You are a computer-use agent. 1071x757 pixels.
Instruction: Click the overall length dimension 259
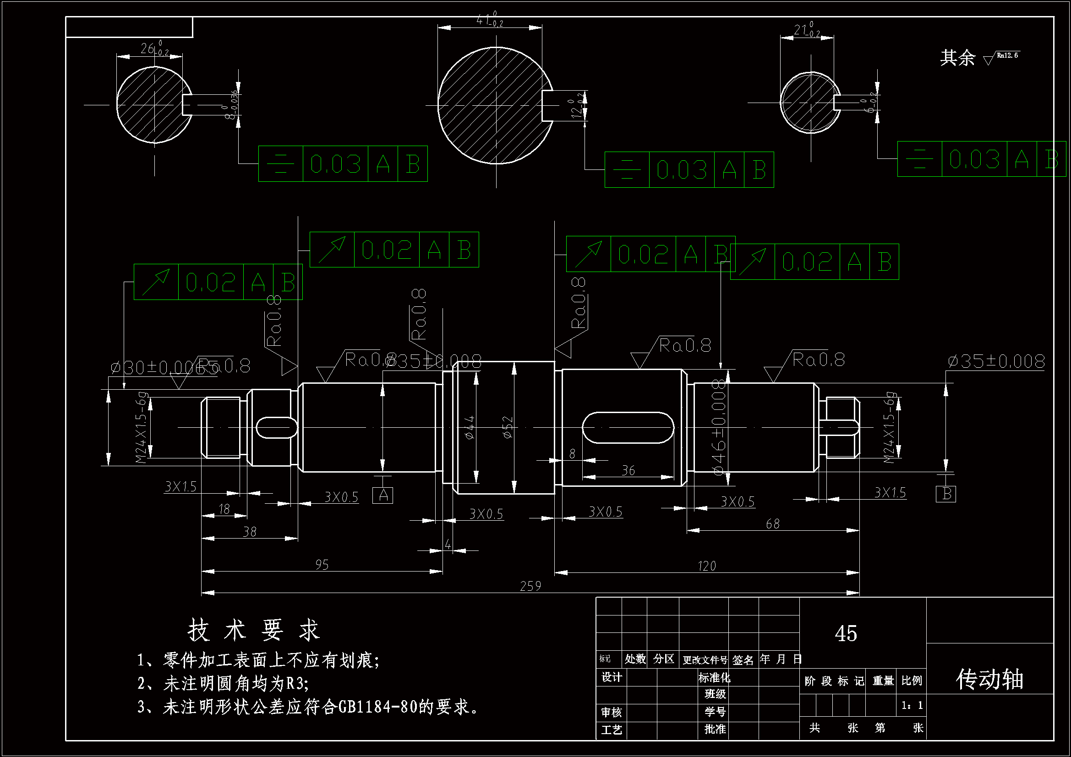pyautogui.click(x=530, y=586)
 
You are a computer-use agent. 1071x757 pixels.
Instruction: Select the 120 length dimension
pyautogui.click(x=706, y=566)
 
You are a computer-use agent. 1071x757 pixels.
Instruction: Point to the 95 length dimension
pyautogui.click(x=322, y=565)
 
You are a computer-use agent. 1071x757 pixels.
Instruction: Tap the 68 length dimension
pyautogui.click(x=772, y=524)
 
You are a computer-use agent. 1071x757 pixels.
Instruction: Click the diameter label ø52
pyautogui.click(x=508, y=427)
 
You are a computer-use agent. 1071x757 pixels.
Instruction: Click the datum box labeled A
pyautogui.click(x=382, y=496)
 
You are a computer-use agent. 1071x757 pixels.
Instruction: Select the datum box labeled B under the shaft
pyautogui.click(x=946, y=494)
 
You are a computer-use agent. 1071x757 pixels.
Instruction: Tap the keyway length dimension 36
pyautogui.click(x=628, y=471)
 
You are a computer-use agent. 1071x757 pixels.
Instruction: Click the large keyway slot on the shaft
pyautogui.click(x=628, y=427)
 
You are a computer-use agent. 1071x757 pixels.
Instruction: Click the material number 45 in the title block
pyautogui.click(x=846, y=633)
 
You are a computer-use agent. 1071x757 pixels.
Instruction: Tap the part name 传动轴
pyautogui.click(x=989, y=679)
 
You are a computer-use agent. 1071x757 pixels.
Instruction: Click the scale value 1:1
pyautogui.click(x=912, y=705)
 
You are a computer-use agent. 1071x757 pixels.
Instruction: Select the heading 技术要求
pyautogui.click(x=254, y=630)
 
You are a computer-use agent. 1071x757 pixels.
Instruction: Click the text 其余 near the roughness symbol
pyautogui.click(x=957, y=58)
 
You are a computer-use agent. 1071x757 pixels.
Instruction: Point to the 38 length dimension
pyautogui.click(x=250, y=532)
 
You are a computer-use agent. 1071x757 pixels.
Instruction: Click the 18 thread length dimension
pyautogui.click(x=224, y=509)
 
